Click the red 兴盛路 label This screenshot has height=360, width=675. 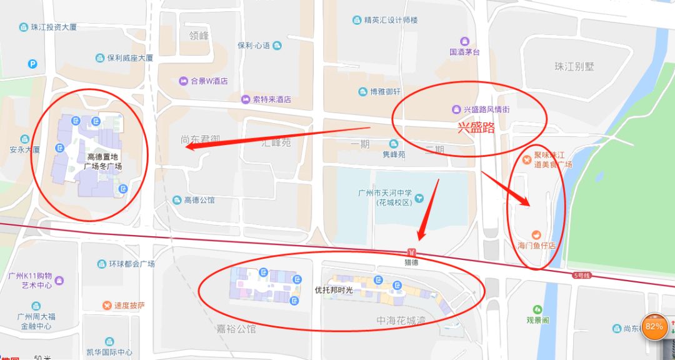coord(476,128)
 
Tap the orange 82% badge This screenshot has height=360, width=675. coord(654,326)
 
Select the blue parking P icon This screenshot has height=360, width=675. coord(32,63)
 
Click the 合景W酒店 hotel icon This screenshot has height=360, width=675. coord(184,81)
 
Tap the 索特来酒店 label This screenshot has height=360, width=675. coord(272,99)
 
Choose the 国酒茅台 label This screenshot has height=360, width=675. coord(464,52)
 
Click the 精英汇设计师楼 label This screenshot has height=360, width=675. coord(391,20)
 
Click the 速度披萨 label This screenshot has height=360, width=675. coord(129,306)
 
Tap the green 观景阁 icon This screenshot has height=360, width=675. coord(537,309)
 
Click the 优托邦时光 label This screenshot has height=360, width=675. coord(334,290)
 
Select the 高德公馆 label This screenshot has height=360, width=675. coord(199,200)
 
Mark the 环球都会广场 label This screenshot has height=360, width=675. coord(133,264)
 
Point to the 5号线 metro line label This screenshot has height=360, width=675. coord(581,276)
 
